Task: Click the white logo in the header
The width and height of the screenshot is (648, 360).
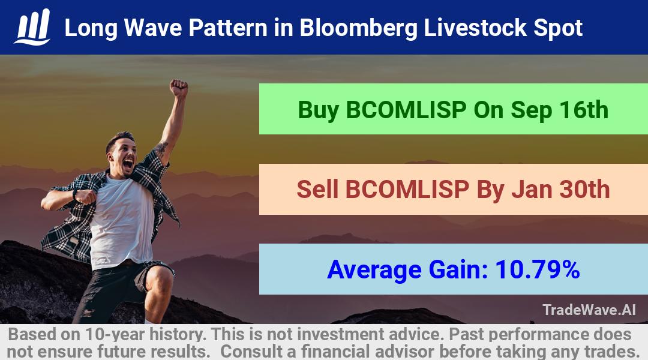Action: (x=32, y=27)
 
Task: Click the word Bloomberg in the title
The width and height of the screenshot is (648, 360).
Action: (x=358, y=28)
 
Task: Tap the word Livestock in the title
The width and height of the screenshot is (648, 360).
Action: (x=475, y=28)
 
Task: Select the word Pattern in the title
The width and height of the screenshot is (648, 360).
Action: (x=228, y=28)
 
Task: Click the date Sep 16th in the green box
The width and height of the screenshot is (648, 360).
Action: (x=560, y=110)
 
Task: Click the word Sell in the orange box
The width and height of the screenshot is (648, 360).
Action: (x=317, y=190)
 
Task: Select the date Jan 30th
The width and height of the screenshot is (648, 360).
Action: (x=561, y=190)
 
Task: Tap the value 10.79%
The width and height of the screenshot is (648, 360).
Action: (x=537, y=269)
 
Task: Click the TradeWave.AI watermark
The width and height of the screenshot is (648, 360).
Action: (x=589, y=310)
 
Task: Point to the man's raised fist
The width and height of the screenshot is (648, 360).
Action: (x=179, y=88)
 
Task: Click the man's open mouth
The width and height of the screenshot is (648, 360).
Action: (x=128, y=164)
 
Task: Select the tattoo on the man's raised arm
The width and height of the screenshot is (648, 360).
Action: (x=161, y=147)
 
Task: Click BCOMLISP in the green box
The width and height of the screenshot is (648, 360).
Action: (x=406, y=110)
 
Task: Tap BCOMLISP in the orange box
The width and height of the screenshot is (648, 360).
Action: (x=407, y=190)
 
